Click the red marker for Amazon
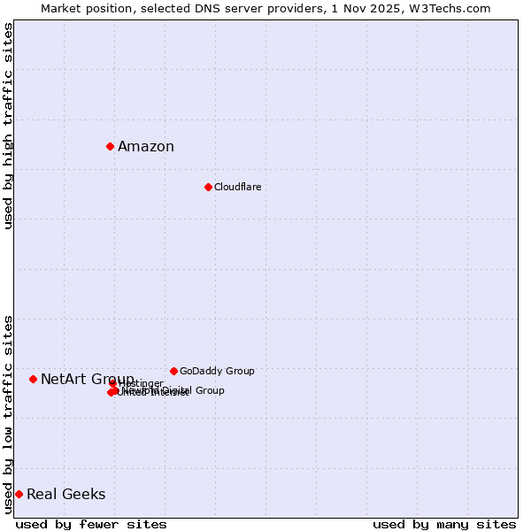click(110, 146)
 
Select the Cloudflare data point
click(208, 187)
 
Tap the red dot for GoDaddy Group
click(173, 371)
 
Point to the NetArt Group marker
click(33, 379)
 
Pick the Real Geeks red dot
click(19, 494)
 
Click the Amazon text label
click(146, 147)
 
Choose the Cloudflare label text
click(238, 187)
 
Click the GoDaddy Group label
click(217, 371)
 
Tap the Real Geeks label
click(66, 494)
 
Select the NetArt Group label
click(88, 379)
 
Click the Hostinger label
click(142, 383)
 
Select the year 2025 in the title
click(390, 8)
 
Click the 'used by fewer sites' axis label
click(91, 524)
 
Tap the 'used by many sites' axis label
click(444, 524)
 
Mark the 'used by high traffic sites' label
click(8, 126)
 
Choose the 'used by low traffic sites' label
click(8, 413)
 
